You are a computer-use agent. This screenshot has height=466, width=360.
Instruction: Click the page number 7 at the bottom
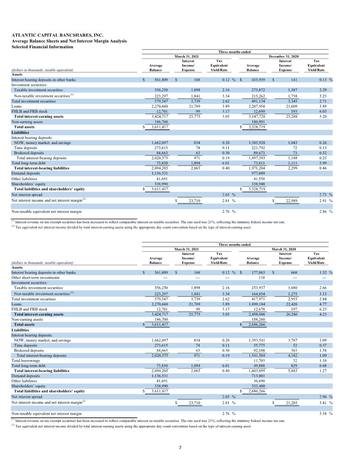pos(180,448)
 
